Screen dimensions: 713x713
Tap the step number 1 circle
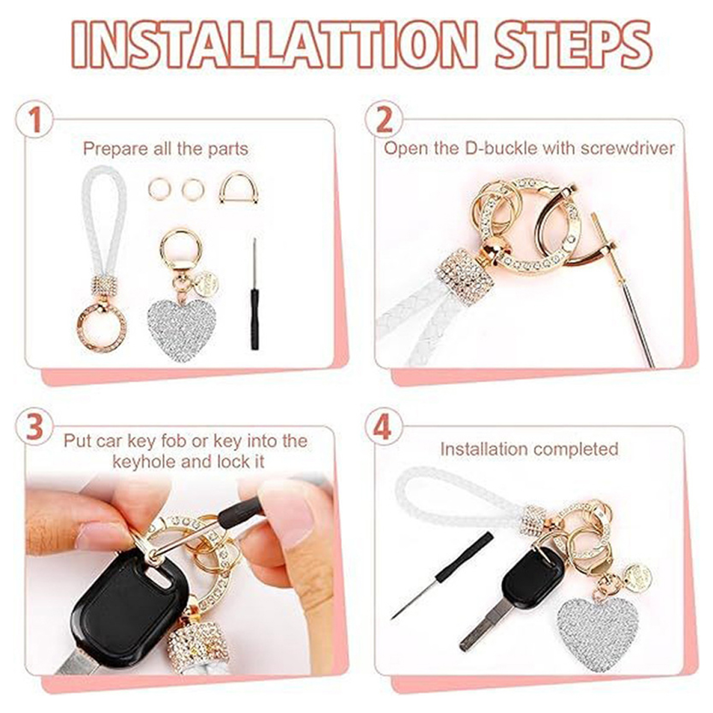(34, 120)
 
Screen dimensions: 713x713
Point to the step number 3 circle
(34, 427)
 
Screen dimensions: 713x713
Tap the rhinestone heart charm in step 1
(182, 329)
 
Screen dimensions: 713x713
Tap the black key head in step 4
(533, 579)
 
